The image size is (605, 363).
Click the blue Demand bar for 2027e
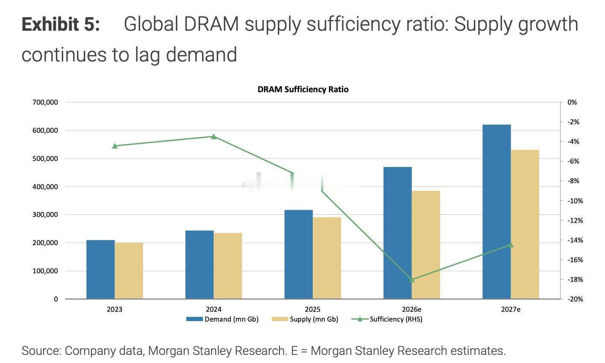coord(497,212)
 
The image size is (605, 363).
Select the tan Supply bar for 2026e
coord(426,245)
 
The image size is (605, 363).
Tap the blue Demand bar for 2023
coord(100,269)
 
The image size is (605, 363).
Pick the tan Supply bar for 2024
coord(228,266)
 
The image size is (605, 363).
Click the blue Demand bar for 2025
coord(299,255)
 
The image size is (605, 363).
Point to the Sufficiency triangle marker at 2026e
coord(412,280)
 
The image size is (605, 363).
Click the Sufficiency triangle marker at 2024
coord(214,136)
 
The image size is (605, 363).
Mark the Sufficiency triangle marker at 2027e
coord(511,245)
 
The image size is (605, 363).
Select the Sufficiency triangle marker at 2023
coord(115,146)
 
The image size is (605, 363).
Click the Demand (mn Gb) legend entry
coord(222,319)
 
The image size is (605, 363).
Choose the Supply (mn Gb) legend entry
coord(305,319)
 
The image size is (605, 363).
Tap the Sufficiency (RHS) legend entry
coord(387,319)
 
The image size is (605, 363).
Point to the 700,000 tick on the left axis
coord(45,102)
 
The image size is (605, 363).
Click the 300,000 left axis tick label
coord(45,214)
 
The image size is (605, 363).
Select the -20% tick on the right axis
coord(575,299)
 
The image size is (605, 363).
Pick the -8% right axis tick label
coord(573,181)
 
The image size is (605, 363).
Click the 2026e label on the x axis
coord(411,309)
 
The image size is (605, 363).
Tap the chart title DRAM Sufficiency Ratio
coord(303,89)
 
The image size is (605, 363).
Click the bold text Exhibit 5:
coord(61,24)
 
